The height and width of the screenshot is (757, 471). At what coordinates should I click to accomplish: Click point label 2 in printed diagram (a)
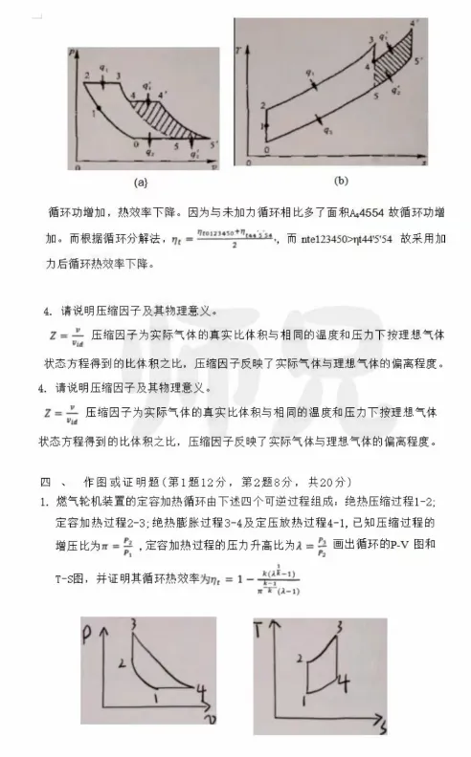coord(88,74)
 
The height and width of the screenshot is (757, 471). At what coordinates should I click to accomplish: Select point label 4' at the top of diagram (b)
coord(414,23)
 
